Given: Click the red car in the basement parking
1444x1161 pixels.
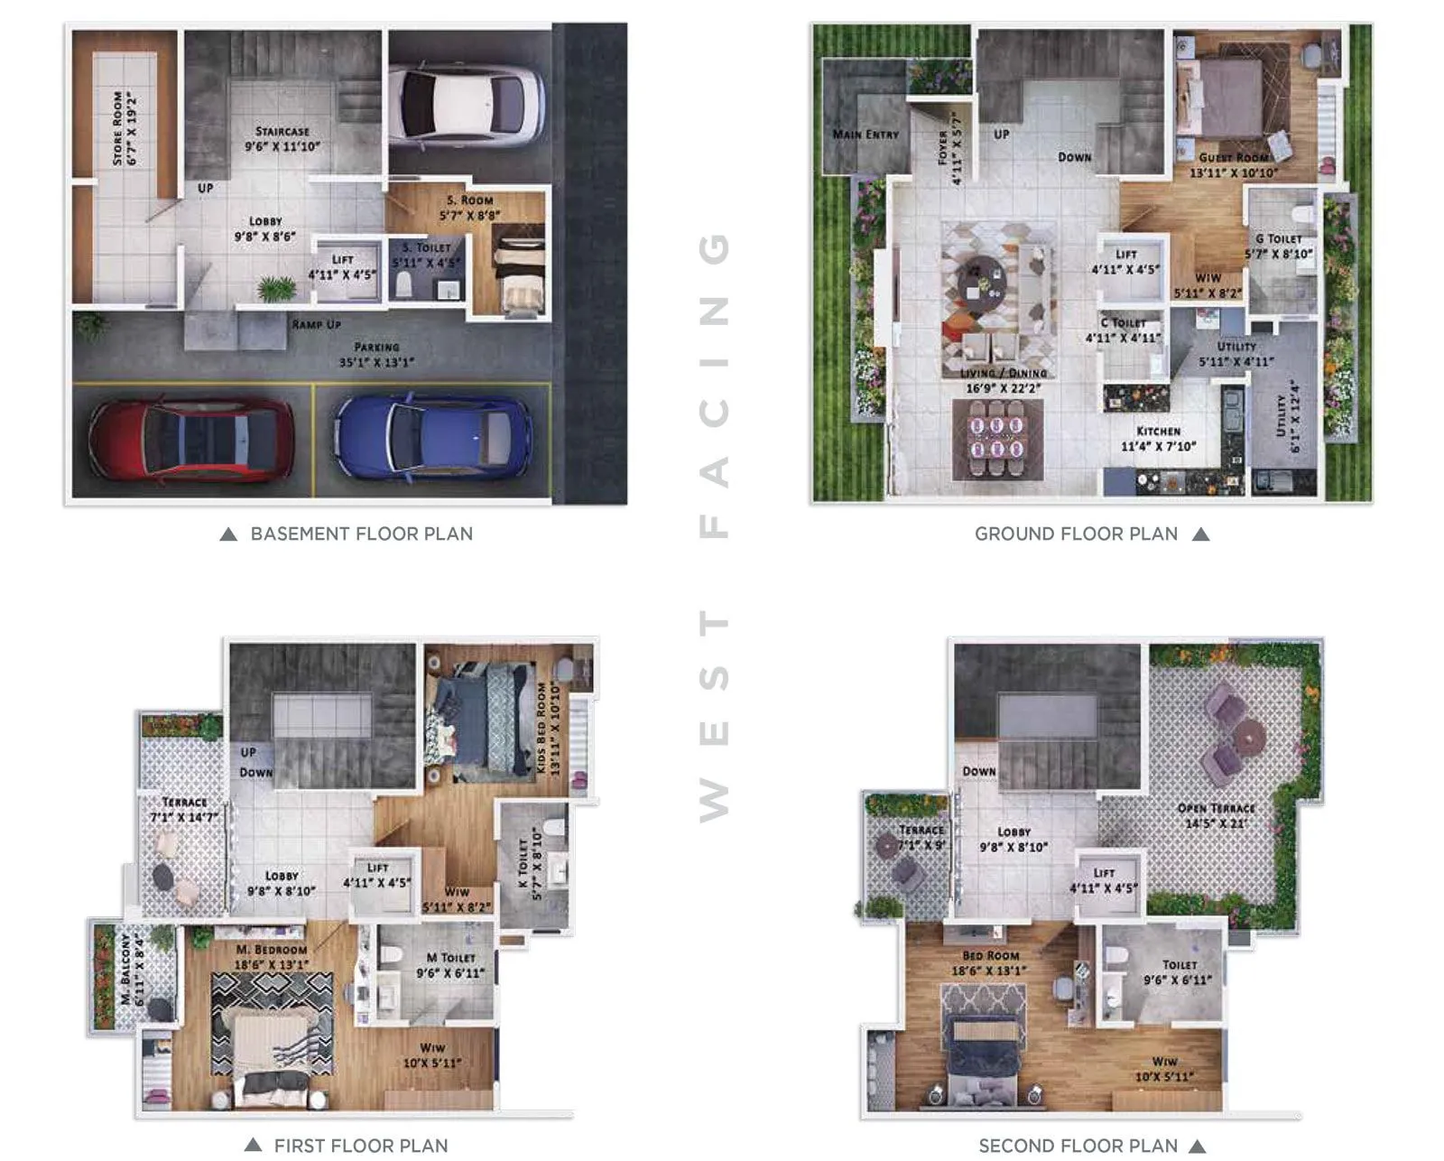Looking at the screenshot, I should [x=191, y=439].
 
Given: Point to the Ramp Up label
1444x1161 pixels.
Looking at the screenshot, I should [x=316, y=324].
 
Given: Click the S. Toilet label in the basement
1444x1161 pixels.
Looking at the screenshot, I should [x=426, y=247].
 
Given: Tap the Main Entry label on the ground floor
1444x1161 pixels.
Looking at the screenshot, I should [x=865, y=135].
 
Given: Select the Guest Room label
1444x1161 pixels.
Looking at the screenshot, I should [x=1233, y=157].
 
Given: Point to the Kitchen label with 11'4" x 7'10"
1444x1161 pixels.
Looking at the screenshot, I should [x=1158, y=432].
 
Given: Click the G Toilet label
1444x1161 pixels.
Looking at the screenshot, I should [x=1278, y=239].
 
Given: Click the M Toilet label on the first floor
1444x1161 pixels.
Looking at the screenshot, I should [x=450, y=958].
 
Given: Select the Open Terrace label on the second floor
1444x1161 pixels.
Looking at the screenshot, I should [x=1216, y=808].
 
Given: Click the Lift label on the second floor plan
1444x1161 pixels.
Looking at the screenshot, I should [x=1104, y=873].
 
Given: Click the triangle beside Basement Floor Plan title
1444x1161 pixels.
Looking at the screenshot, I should [x=228, y=534].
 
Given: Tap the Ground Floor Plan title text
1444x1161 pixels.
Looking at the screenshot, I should [x=1076, y=534].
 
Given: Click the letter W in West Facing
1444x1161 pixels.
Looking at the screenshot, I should [x=714, y=800].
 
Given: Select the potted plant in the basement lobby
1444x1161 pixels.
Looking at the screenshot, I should [x=276, y=289].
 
